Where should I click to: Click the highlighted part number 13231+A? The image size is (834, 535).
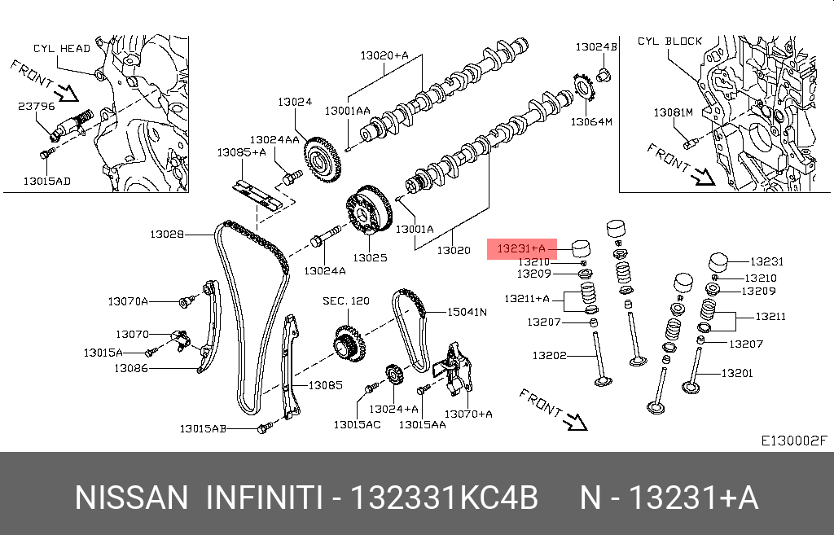pos(521,247)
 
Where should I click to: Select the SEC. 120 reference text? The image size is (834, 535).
pos(346,301)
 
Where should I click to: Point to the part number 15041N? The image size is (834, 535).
pos(467,312)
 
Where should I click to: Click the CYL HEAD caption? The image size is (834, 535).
pos(62,49)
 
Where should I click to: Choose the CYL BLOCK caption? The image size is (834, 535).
pos(669,41)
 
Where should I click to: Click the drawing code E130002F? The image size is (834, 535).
pos(794,441)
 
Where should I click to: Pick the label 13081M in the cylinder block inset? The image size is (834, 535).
pos(673,112)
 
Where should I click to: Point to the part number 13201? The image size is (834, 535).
pos(738,374)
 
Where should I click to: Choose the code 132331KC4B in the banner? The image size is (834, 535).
pos(444,498)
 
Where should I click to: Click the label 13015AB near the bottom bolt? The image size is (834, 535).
pos(203,428)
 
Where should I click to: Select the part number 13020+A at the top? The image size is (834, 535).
pos(384,56)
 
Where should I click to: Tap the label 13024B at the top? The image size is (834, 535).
pos(597,47)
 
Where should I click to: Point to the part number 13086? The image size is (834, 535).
pos(131,368)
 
